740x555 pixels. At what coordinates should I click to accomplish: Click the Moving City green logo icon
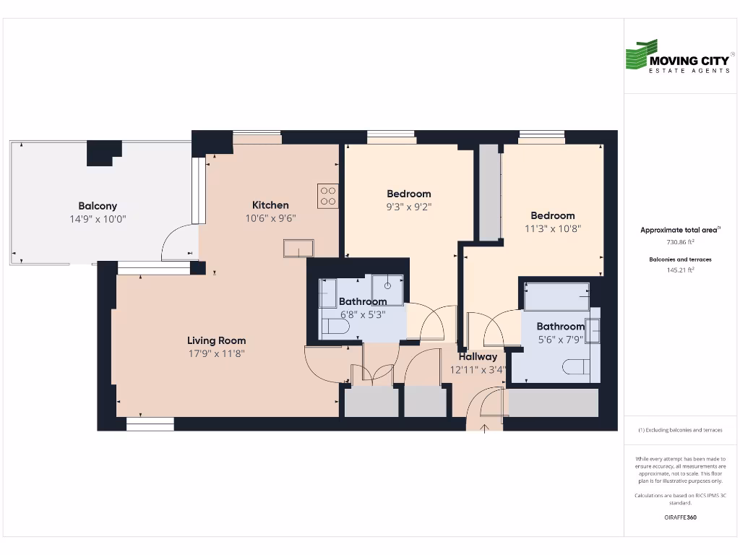641,56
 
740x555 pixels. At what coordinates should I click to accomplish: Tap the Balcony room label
98,206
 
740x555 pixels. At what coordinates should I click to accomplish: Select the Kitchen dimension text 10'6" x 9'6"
270,218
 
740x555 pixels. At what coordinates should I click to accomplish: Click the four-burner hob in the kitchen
327,195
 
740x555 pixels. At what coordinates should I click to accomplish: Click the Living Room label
216,340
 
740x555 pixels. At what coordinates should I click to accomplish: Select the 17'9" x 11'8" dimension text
216,354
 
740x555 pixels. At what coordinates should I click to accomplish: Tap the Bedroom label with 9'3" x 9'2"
408,194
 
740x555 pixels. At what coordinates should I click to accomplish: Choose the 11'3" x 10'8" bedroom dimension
552,228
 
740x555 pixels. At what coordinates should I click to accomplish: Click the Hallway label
478,356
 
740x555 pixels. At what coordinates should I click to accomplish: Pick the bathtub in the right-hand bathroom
556,296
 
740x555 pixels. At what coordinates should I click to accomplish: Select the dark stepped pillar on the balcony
103,152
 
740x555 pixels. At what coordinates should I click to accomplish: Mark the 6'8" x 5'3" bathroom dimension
362,315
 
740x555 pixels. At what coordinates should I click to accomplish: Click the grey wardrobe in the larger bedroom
489,192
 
